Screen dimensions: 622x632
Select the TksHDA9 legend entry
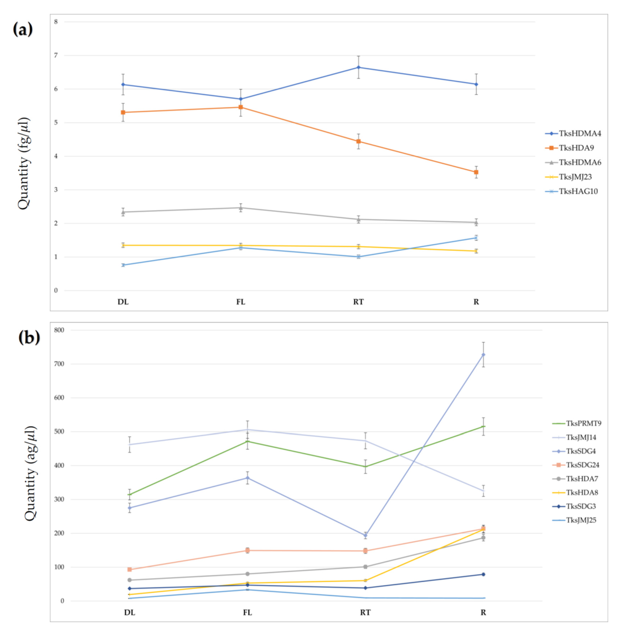(569, 148)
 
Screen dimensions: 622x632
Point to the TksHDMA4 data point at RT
(358, 67)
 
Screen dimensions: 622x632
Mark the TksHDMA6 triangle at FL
(241, 208)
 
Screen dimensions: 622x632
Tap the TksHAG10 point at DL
(123, 265)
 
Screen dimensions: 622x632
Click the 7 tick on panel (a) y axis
(56, 55)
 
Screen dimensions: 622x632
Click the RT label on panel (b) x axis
(365, 612)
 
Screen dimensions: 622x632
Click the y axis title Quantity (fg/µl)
(24, 163)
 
